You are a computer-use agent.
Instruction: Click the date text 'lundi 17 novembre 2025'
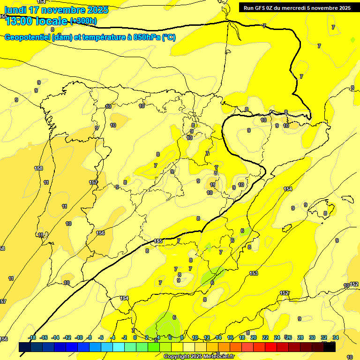coord(56,10)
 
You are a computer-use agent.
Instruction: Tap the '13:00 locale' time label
coord(36,21)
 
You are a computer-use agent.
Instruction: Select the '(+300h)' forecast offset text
coord(83,21)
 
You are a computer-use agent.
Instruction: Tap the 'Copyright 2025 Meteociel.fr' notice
coord(199,357)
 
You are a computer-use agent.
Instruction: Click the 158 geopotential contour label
coord(38,168)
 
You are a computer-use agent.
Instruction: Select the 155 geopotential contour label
coord(158,241)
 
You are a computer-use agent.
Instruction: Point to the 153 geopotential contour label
coord(254,273)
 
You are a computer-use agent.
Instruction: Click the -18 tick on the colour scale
coord(32,337)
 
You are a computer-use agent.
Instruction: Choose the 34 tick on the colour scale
coord(336,337)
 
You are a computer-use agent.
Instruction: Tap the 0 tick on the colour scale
coord(135,337)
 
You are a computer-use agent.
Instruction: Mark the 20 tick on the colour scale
coord(254,337)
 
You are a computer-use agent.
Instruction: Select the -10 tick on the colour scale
coord(78,337)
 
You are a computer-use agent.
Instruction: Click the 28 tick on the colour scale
coord(300,337)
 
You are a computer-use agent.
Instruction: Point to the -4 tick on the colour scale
coord(112,337)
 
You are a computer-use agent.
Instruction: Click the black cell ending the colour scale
coord(330,347)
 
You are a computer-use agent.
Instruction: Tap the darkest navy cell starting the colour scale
coord(25,347)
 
